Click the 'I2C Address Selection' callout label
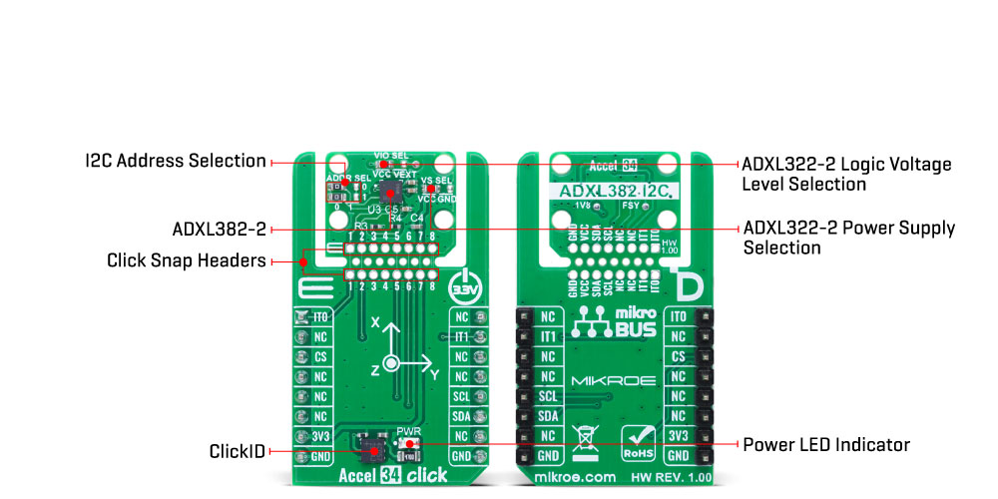[176, 161]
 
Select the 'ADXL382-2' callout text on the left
[219, 230]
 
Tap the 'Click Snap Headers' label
[186, 261]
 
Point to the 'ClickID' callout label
[238, 451]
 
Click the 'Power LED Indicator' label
[826, 443]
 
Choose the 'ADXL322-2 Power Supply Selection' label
[848, 238]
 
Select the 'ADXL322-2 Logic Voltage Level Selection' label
[845, 174]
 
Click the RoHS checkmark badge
[640, 439]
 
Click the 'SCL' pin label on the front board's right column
[460, 396]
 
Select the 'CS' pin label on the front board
[320, 357]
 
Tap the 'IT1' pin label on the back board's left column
[548, 337]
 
